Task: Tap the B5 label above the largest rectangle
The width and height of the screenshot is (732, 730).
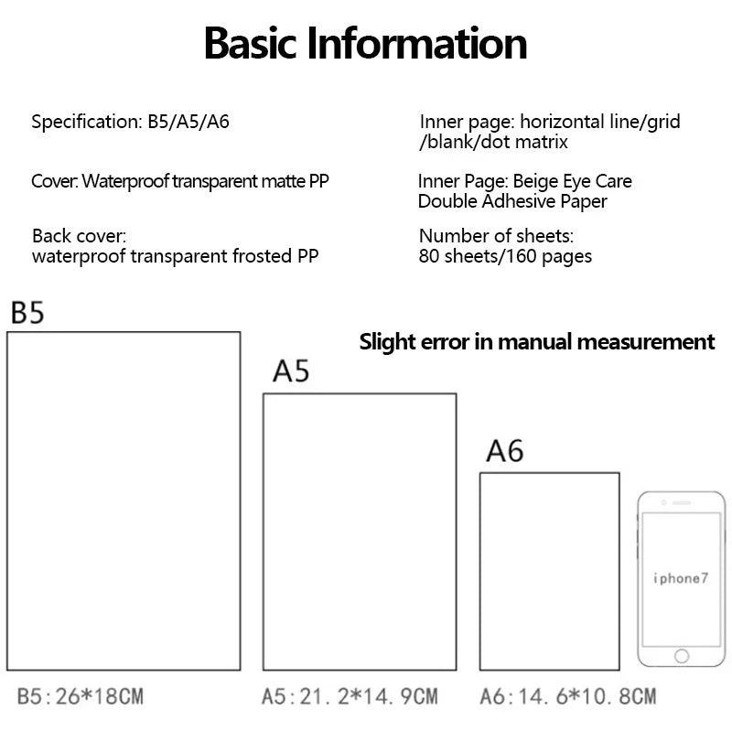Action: pos(27,313)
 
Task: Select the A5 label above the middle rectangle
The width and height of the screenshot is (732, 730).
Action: pos(291,371)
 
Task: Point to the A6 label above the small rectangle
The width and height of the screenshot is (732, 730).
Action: pos(505,451)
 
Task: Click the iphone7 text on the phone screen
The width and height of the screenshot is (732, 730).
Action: pos(681,579)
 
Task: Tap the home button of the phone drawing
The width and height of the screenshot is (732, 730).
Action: pos(682,656)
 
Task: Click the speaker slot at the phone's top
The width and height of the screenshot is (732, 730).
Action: pos(682,503)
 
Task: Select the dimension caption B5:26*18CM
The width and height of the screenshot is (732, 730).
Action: pos(80,696)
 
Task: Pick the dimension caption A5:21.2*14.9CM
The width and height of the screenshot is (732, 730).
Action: pos(350,696)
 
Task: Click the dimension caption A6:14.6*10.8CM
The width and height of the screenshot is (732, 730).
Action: pos(567,696)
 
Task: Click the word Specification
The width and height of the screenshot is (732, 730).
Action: pos(86,123)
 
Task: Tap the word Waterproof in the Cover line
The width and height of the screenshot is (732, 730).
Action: pos(125,181)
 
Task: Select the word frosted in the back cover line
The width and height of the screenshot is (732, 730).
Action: pos(262,256)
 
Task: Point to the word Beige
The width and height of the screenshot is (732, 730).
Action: pos(535,181)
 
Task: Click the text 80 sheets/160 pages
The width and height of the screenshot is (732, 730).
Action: pos(505,256)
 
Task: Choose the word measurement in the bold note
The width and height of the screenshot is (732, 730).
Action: pos(646,341)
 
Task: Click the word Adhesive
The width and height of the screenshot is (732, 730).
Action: pos(519,201)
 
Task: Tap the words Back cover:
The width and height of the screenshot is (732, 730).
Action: pos(79,236)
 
